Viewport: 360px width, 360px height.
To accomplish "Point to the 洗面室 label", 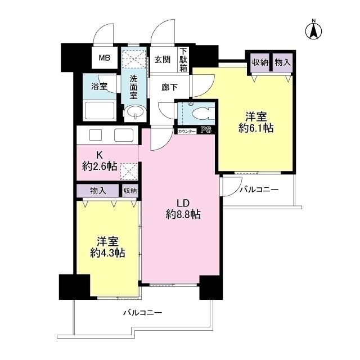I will pos(134,88).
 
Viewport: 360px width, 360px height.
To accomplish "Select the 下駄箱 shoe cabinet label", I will pos(184,60).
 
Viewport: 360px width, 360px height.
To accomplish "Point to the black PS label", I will pos(206,130).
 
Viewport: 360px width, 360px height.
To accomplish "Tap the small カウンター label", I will pos(187,131).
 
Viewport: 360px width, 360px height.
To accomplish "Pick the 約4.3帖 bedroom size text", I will pos(107,253).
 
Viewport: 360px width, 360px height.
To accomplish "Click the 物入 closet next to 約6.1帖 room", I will pos(282,62).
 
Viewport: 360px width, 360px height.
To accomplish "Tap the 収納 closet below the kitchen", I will pos(130,191).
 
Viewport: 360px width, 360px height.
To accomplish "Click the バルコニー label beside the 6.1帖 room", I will pos(259,190).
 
